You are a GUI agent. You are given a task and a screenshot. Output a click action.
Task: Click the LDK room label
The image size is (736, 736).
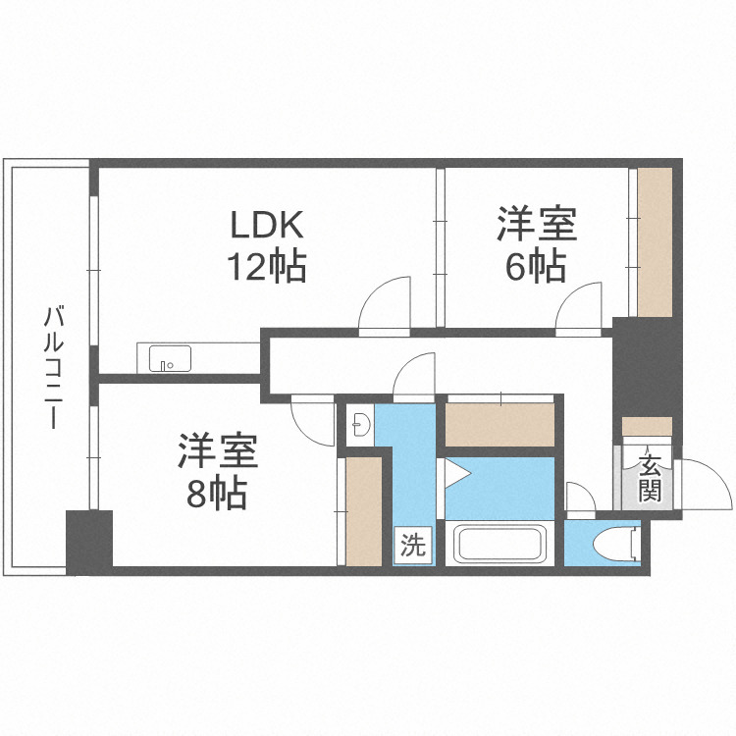(x=266, y=226)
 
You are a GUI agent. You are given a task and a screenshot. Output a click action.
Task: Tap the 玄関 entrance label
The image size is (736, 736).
(x=650, y=478)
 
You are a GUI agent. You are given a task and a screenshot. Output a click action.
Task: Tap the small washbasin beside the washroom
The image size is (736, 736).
(x=360, y=425)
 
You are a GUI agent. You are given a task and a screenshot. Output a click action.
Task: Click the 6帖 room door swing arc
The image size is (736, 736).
(x=580, y=306)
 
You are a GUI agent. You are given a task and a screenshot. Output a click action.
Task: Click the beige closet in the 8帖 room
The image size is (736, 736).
(x=363, y=510)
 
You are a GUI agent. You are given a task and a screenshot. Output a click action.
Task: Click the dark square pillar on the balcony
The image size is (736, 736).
(x=89, y=541)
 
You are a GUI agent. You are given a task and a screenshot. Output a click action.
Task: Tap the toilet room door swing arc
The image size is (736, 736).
(x=580, y=500)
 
